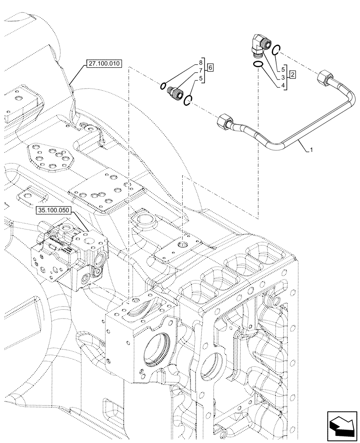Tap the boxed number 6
[x=210, y=68]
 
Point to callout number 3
[x=282, y=77]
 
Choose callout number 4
[x=282, y=85]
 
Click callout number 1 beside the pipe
[x=312, y=150]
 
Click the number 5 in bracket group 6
[x=201, y=78]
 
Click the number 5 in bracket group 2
[x=282, y=69]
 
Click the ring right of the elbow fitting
[x=275, y=50]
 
